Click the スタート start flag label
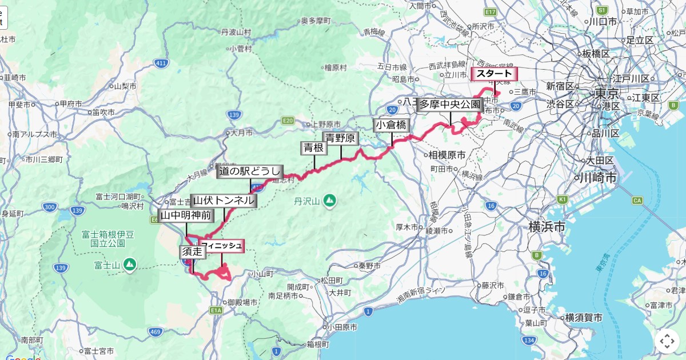coord(494,74)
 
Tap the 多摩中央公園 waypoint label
coord(450,104)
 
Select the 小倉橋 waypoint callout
coord(392,125)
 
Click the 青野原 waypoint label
coord(341,138)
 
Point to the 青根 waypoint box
coord(314,148)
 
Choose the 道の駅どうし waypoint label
coord(250,171)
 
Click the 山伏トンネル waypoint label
coord(224,201)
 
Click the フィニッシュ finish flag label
coord(222,246)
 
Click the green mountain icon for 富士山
coord(130,264)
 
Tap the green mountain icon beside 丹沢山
coord(329,200)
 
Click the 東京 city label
coord(607,93)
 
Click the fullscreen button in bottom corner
coord(667,341)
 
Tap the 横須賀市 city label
coord(584,318)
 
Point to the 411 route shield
coord(161,62)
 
